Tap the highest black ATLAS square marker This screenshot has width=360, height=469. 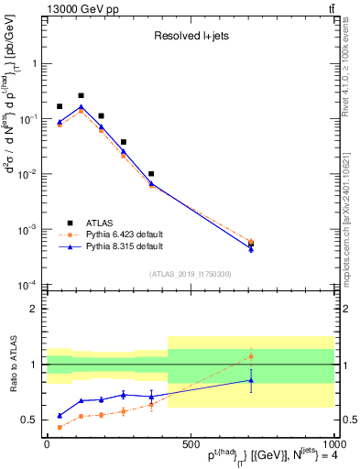pyautogui.click(x=81, y=95)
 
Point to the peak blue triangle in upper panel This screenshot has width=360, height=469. pyautogui.click(x=81, y=106)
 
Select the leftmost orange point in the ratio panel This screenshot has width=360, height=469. pyautogui.click(x=60, y=427)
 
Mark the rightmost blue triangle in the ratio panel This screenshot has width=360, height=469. pyautogui.click(x=251, y=380)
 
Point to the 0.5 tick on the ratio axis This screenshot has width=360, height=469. pyautogui.click(x=32, y=420)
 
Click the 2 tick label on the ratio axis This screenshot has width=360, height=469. pyautogui.click(x=36, y=309)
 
